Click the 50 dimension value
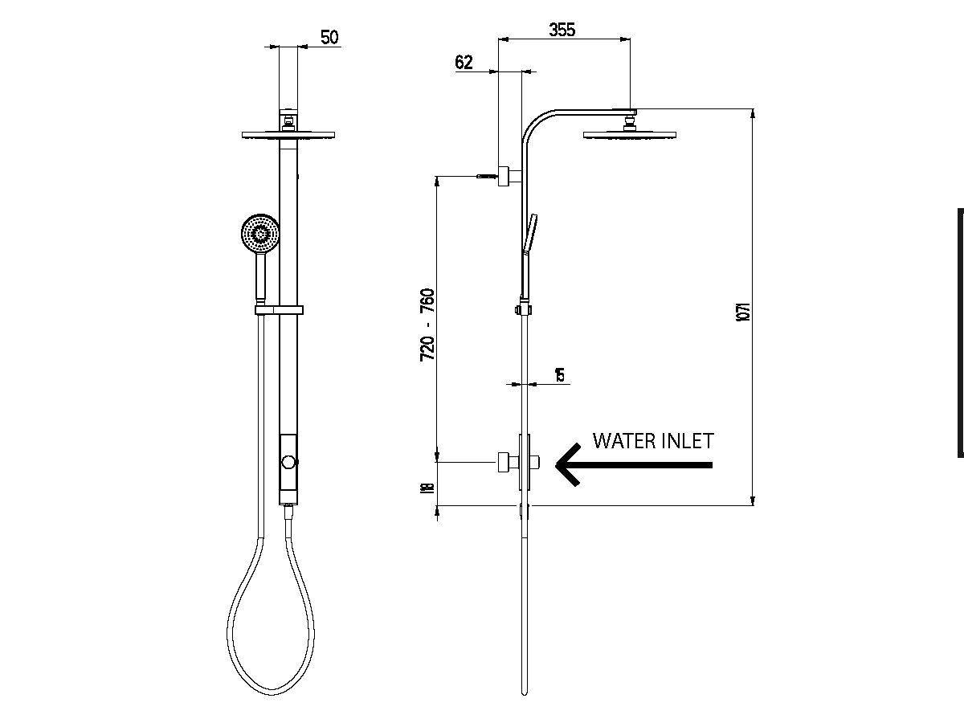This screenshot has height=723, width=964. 329,37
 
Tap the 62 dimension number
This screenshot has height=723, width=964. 464,63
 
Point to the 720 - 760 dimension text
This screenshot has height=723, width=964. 427,324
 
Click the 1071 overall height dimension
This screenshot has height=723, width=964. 743,312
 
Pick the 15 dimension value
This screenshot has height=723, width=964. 560,374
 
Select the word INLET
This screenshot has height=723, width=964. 687,440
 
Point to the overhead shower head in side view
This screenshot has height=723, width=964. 629,135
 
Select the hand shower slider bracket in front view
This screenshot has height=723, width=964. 278,309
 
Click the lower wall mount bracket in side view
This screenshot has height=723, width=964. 506,463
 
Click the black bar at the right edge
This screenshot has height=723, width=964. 960,333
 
